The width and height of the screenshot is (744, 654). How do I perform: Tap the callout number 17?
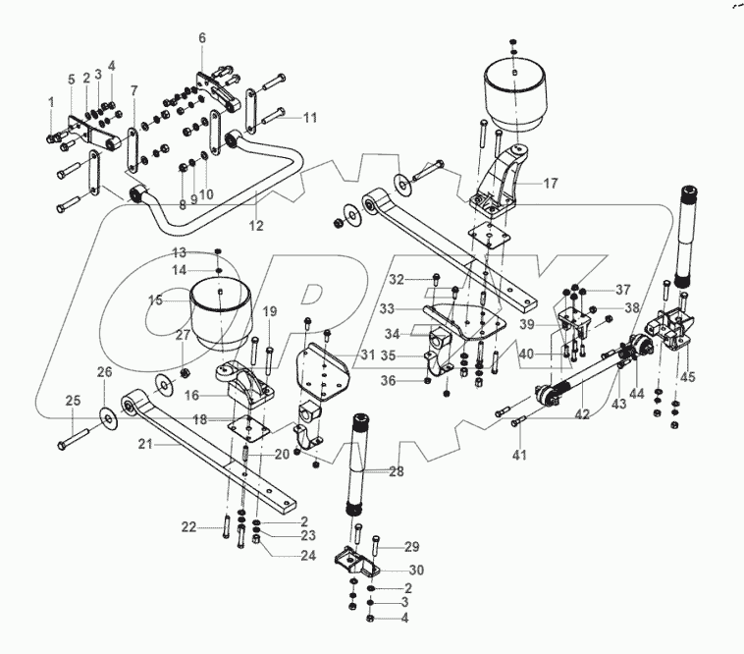(550, 183)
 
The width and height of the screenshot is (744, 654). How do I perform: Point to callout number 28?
(396, 472)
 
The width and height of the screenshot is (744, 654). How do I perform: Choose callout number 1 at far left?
(51, 102)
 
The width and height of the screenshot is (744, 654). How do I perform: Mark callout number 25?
(72, 400)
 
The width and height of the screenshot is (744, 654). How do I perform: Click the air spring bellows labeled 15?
(218, 309)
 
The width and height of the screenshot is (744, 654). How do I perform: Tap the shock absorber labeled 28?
(355, 462)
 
